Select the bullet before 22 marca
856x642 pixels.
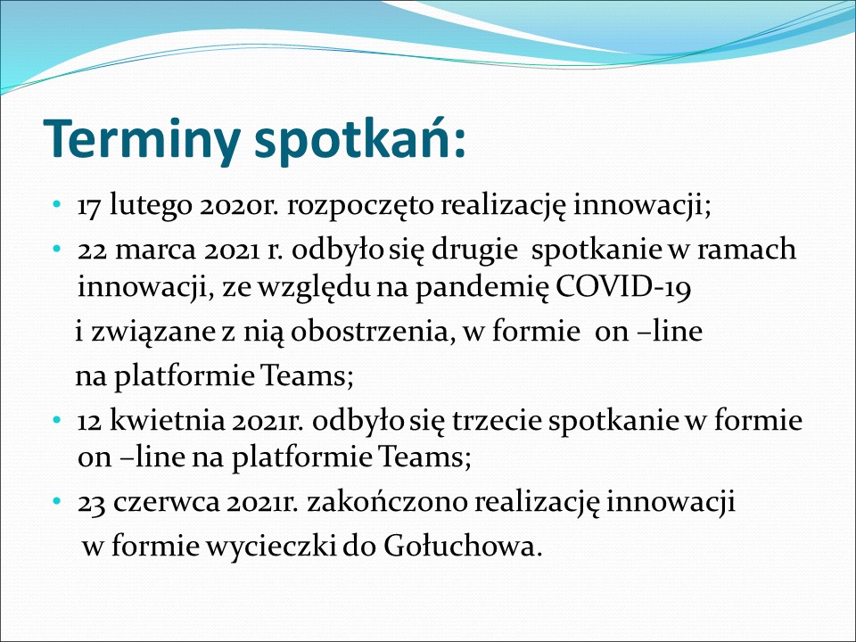pos(56,249)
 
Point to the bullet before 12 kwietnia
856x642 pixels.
pos(56,420)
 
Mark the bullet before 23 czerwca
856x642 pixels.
pos(56,501)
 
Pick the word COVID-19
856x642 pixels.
pos(623,286)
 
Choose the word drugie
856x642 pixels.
pos(474,250)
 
